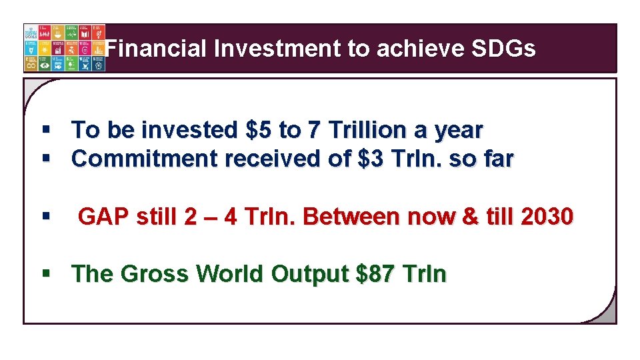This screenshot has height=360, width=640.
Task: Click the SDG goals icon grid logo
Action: tap(64, 48)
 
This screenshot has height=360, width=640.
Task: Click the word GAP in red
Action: tap(103, 217)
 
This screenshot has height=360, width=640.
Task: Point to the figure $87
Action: tap(377, 274)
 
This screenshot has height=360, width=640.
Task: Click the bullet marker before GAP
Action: tap(45, 217)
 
